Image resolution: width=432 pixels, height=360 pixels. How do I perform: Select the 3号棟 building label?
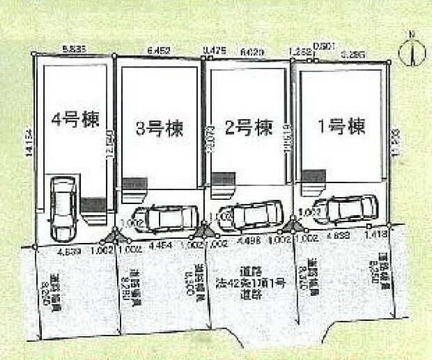pos(160,128)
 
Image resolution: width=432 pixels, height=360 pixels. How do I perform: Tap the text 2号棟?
pos(247,128)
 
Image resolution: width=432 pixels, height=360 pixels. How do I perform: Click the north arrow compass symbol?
pos(412,52)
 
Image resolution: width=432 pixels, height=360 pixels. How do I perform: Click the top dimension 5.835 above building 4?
pos(73,50)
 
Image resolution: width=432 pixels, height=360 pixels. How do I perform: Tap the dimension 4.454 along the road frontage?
pos(160,245)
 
